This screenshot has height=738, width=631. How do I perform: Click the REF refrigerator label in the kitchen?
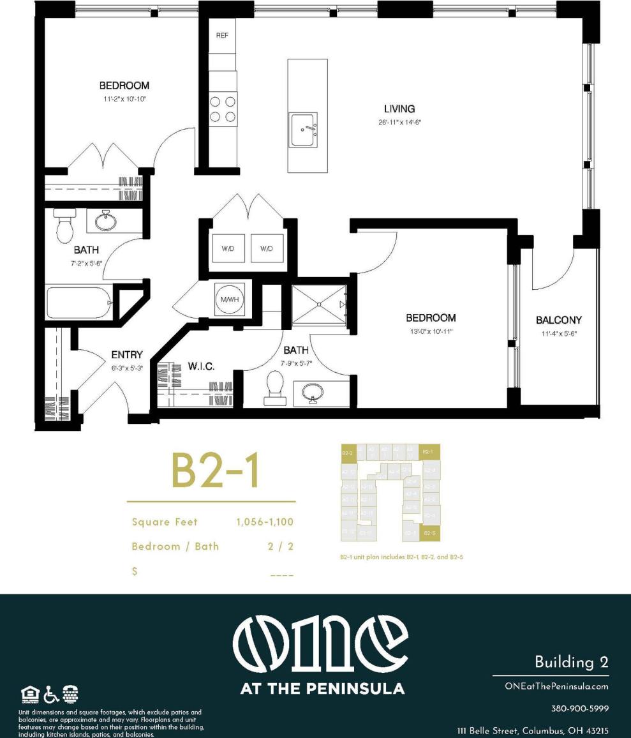coord(222,36)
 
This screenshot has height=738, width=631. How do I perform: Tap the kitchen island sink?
coord(302,130)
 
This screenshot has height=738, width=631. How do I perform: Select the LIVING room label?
coord(399,109)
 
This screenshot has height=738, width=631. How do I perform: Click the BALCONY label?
coord(558,320)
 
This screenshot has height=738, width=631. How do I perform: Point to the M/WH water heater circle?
coord(228,299)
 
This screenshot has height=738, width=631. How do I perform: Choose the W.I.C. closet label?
coord(201,366)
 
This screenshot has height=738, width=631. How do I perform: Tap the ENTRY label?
coord(126,355)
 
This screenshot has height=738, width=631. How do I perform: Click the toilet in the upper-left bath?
coord(65,226)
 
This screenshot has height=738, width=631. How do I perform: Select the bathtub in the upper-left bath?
coord(78,303)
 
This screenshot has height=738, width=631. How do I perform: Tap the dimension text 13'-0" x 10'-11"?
coord(432,331)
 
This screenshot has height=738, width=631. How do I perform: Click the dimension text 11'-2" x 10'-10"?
coord(124,99)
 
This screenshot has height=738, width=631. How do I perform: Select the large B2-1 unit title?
coord(215,471)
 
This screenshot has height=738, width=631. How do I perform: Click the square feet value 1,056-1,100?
coord(265,522)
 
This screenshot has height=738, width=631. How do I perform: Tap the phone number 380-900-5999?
coord(579,709)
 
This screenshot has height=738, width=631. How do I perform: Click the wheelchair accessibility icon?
coord(52,694)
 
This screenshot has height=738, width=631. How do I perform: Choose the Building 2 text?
coord(571,662)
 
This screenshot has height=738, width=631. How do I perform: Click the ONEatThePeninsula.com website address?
coord(556,686)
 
